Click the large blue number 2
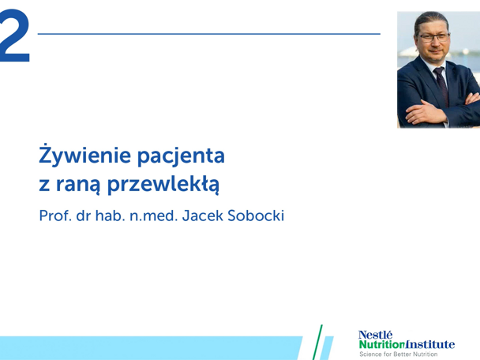point(15,39)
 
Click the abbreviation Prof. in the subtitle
point(56,216)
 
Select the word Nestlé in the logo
point(375,334)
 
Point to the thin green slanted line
point(320,341)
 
